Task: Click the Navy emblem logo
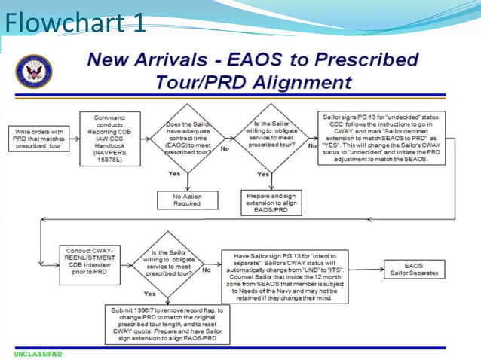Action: [33, 71]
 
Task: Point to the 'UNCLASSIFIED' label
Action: [38, 353]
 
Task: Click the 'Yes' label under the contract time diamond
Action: [174, 174]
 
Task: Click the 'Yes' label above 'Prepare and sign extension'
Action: [263, 174]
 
